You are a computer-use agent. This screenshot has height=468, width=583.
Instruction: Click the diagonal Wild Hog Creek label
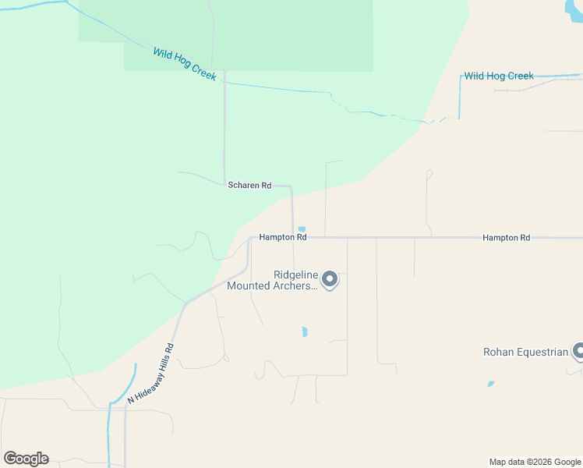point(185,63)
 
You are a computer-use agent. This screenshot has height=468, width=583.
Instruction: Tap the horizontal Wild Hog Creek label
point(499,76)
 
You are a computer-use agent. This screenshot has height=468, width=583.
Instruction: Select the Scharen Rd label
point(249,186)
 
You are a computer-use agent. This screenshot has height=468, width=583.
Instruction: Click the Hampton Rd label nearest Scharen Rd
point(283,237)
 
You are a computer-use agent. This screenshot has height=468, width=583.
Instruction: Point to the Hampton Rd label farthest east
point(506,237)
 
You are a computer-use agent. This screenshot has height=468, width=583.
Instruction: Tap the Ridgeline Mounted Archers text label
point(272,280)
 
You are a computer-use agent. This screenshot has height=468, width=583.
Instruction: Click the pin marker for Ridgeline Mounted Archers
point(330,279)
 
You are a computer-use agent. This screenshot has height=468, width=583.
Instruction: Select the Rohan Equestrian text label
point(526,352)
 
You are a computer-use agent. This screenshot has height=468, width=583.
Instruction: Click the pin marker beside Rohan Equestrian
point(578,351)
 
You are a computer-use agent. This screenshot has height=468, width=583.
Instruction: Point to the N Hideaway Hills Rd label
point(151,374)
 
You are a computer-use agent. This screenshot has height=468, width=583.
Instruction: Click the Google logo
point(26,459)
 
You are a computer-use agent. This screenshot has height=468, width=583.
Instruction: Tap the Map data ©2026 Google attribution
point(535,462)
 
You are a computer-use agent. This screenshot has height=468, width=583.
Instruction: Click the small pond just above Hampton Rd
point(302,229)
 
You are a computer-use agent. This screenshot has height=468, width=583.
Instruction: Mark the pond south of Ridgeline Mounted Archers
point(305,331)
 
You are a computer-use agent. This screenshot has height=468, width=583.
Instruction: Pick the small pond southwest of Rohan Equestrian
point(490,384)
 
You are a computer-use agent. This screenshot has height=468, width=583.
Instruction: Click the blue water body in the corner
point(574,8)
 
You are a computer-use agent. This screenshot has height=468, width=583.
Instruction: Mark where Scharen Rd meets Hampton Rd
point(293,237)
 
